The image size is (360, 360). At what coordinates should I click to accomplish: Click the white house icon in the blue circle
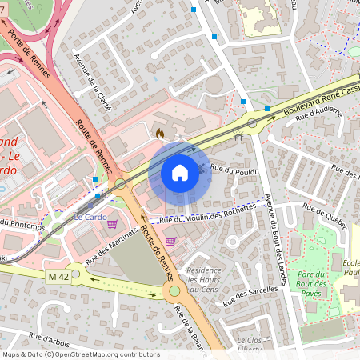pos(180,172)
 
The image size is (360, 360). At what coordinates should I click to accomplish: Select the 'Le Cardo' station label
pos(90,217)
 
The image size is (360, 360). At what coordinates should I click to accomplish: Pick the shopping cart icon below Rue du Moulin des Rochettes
pos(170,241)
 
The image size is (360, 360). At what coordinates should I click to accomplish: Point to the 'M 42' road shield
pos(57,276)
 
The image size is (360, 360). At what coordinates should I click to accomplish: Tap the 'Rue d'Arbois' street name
pos(50,340)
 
